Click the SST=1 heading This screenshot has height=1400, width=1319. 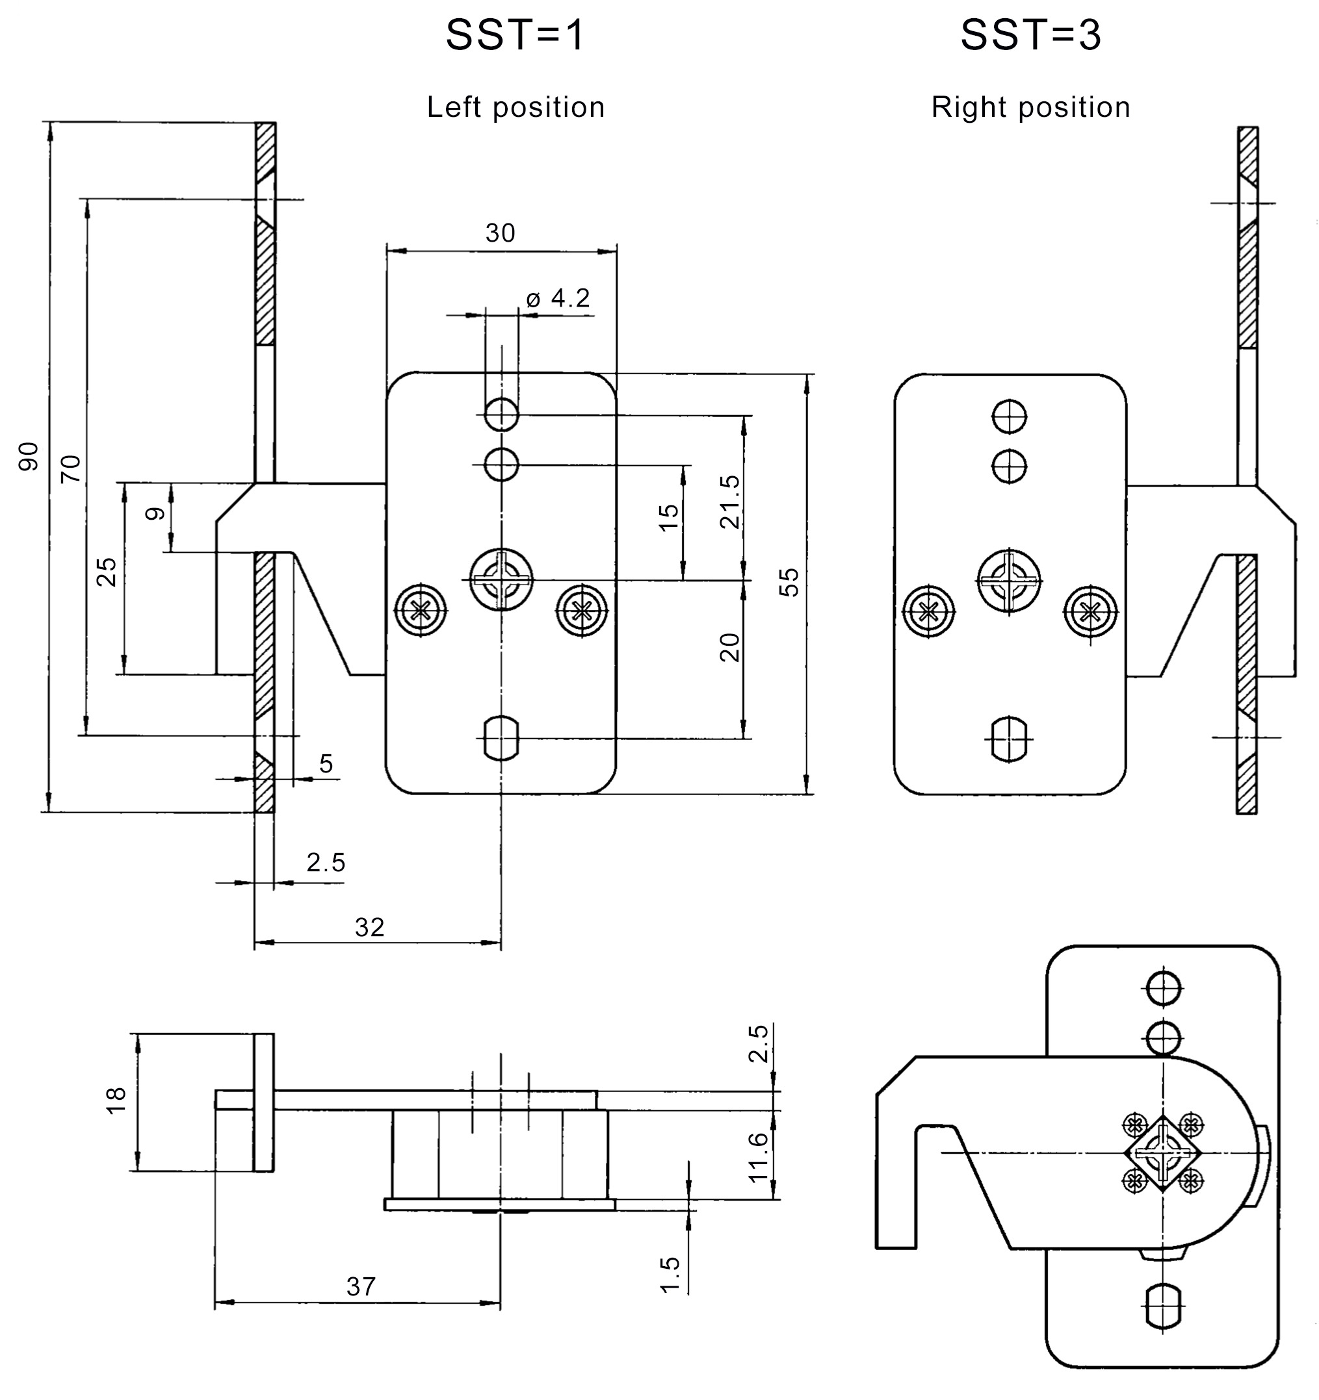(515, 34)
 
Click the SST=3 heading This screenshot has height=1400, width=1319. (1030, 34)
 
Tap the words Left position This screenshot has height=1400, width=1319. (516, 108)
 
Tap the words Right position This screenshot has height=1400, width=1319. (1031, 108)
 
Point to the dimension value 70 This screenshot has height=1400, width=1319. (70, 469)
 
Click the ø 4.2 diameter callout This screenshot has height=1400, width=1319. (557, 299)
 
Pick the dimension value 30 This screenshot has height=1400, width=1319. (501, 233)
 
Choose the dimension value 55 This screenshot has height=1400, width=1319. (790, 581)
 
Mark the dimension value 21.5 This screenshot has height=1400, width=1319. (730, 502)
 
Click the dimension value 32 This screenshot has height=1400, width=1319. (369, 928)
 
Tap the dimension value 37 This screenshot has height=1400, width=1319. (361, 1286)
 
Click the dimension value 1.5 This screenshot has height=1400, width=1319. (670, 1275)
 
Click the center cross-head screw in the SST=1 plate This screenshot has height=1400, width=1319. (501, 579)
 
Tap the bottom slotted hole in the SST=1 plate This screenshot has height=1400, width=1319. (501, 738)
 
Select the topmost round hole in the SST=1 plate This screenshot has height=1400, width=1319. (501, 414)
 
